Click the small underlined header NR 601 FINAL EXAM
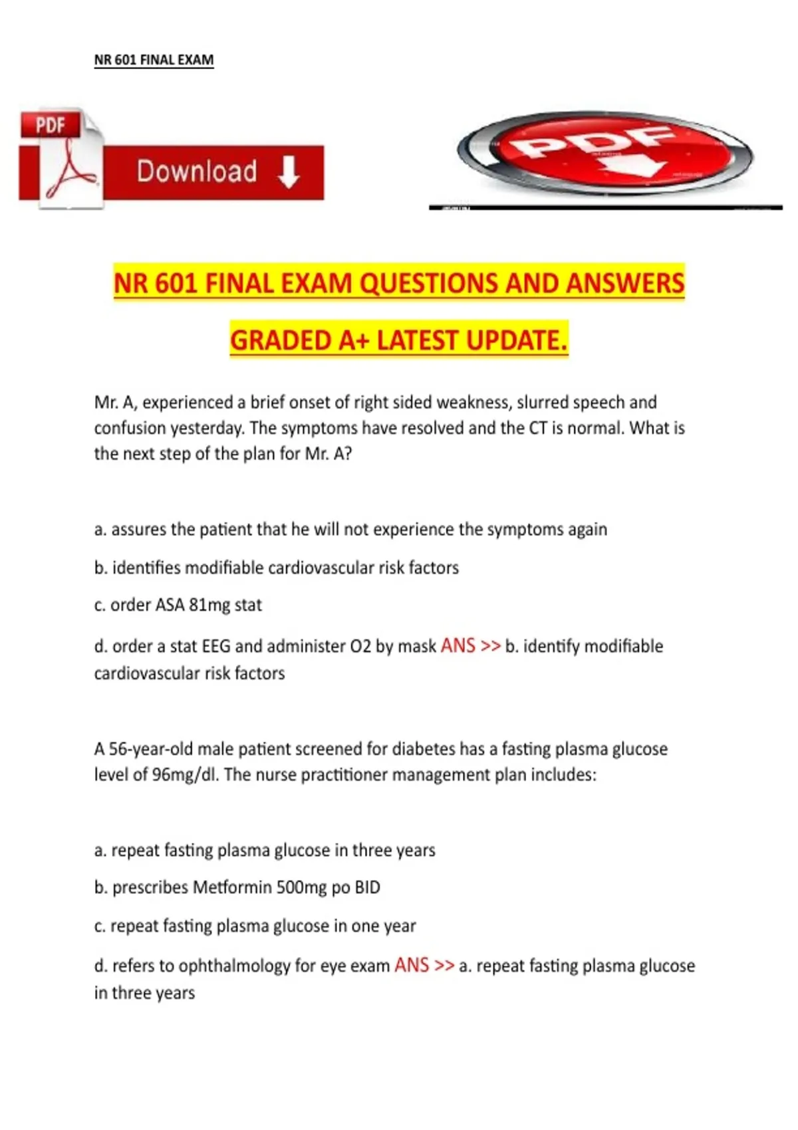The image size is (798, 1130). click(x=154, y=60)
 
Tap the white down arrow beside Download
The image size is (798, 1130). click(x=289, y=172)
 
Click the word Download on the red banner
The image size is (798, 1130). click(x=197, y=171)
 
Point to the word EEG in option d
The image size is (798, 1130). click(x=216, y=646)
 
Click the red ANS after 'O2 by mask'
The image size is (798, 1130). click(x=458, y=645)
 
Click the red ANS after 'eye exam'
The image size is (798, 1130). click(x=412, y=965)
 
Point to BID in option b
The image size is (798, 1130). click(x=367, y=887)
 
